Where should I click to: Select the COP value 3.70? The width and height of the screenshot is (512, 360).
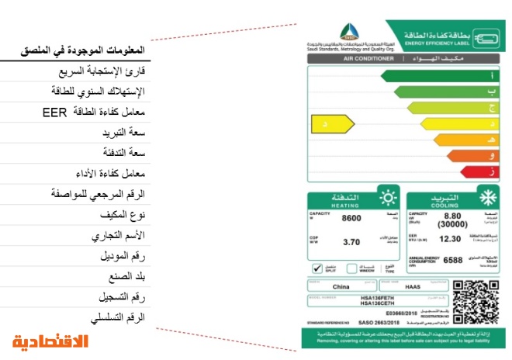click(351, 242)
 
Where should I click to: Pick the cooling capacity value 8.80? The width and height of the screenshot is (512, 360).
click(452, 215)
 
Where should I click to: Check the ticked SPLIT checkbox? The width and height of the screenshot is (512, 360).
click(317, 268)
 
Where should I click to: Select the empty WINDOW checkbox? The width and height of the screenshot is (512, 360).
click(351, 268)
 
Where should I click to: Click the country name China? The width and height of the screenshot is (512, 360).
click(340, 286)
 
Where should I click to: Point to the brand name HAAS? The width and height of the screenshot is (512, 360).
click(413, 286)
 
